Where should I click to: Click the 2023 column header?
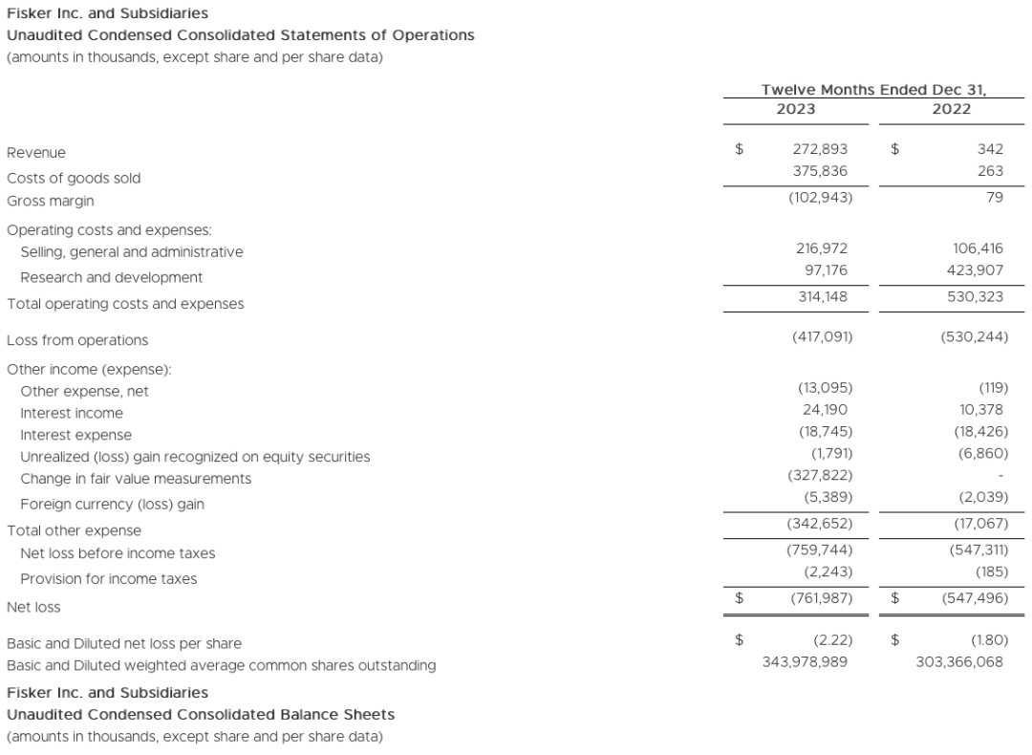pos(796,109)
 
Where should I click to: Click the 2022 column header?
pos(951,109)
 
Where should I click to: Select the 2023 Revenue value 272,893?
pos(820,150)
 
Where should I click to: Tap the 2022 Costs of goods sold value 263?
pos(990,171)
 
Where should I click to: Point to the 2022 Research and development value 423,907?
pos(970,270)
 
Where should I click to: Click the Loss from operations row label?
pos(77,340)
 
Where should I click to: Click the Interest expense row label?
pos(75,435)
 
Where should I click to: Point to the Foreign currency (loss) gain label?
pos(112,504)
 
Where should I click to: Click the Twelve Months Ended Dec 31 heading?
pos(872,89)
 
